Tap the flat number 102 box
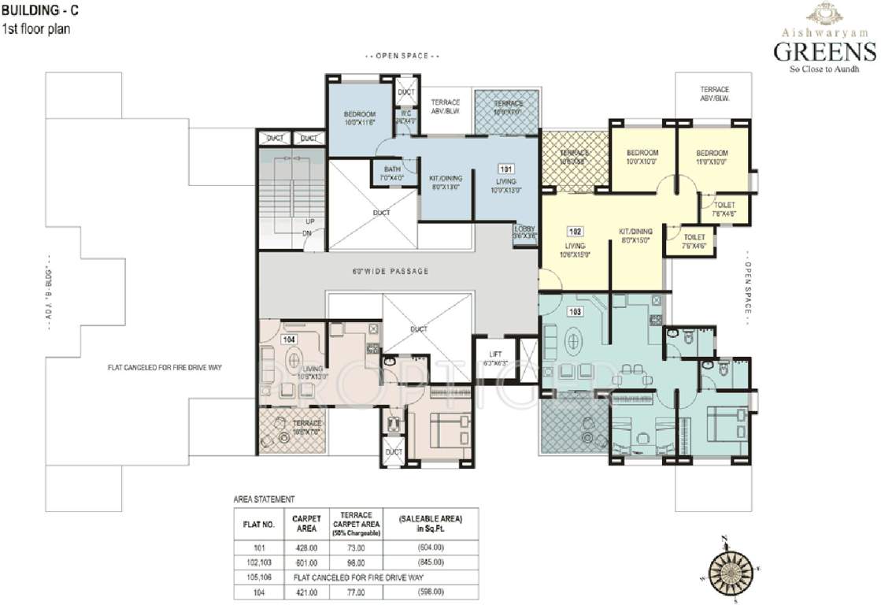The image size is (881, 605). (x=576, y=232)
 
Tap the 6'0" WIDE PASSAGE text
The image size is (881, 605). (x=391, y=271)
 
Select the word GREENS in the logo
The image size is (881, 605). (x=824, y=52)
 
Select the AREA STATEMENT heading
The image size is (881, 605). (x=264, y=499)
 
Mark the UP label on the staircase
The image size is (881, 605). (x=309, y=221)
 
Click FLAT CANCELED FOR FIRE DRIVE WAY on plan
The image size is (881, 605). (x=168, y=367)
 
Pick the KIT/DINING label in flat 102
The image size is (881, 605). (x=633, y=236)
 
